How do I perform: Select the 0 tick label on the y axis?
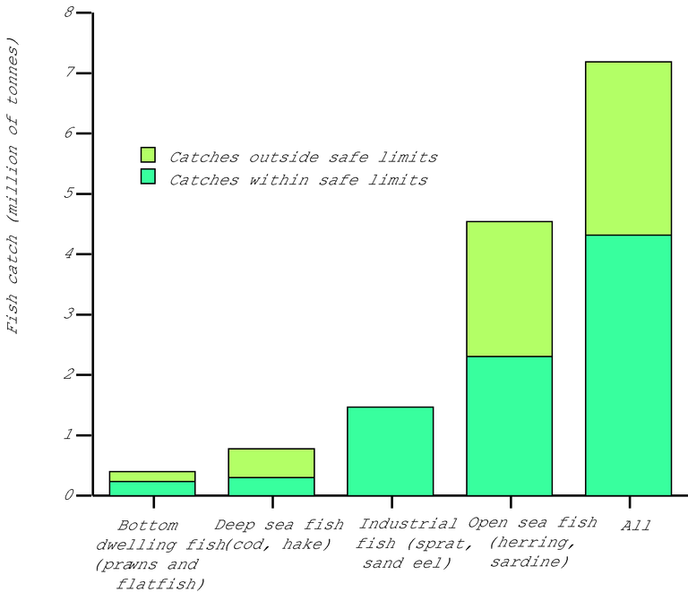point(70,495)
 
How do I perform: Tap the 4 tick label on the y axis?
point(70,254)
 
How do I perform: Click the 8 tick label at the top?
point(70,13)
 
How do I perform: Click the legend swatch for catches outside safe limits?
point(149,156)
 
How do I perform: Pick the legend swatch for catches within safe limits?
point(149,178)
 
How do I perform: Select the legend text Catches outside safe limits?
point(303,157)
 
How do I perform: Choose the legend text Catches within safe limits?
point(298,179)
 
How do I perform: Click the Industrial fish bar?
point(390,451)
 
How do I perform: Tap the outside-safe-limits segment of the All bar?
point(628,148)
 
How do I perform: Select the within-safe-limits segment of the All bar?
point(628,365)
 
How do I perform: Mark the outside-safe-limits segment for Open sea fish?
point(509,288)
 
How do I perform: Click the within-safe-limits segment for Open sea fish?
point(509,426)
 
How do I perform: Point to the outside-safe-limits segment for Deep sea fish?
point(271,463)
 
